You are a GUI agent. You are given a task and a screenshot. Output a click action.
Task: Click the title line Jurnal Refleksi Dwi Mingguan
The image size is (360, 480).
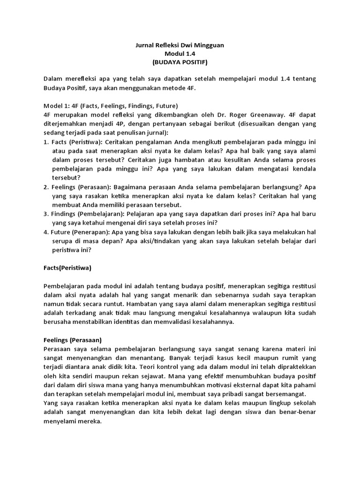(x=180, y=45)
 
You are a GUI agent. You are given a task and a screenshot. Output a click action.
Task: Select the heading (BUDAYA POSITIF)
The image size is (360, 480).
(x=180, y=62)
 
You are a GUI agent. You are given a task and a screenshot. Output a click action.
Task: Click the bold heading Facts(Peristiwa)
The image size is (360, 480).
(x=67, y=268)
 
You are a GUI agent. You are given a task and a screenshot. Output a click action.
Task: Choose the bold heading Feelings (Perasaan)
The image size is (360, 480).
(x=73, y=340)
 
